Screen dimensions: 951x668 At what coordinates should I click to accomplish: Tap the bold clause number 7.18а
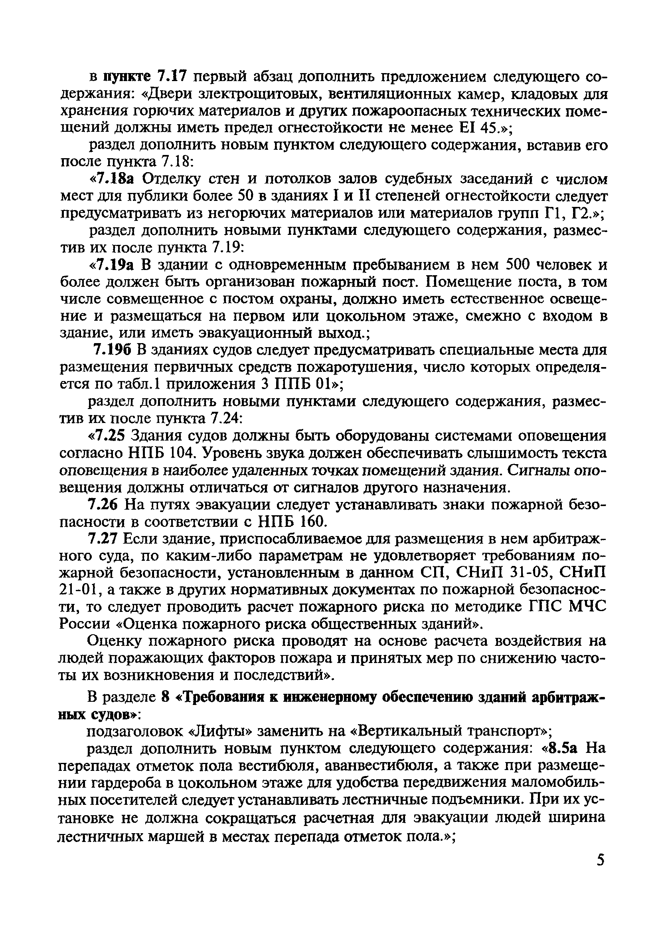117,179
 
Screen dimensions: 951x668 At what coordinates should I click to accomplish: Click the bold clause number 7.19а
117,265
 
